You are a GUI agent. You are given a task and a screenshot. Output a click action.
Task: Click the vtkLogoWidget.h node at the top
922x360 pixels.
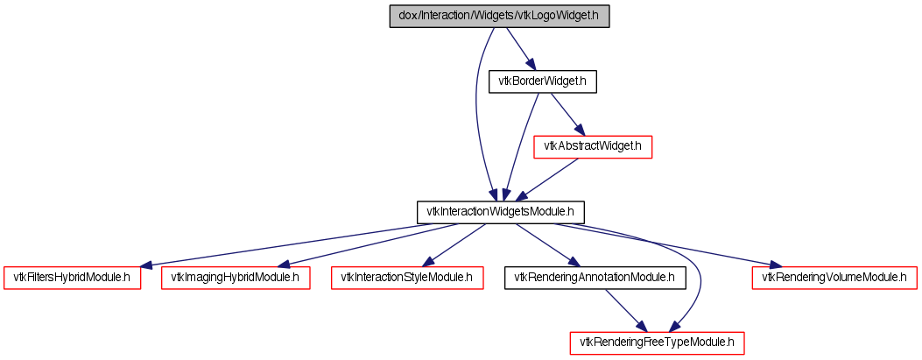pyautogui.click(x=498, y=17)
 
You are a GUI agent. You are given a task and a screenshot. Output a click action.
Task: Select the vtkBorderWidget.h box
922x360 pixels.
pyautogui.click(x=542, y=81)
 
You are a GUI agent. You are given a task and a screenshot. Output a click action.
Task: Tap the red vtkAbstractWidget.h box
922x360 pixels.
pyautogui.click(x=593, y=146)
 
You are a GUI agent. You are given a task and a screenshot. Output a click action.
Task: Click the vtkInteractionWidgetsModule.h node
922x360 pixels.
pyautogui.click(x=499, y=211)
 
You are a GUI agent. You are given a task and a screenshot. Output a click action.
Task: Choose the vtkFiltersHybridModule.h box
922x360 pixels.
pyautogui.click(x=72, y=277)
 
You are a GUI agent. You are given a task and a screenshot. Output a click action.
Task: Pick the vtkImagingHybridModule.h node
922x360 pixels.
pyautogui.click(x=235, y=277)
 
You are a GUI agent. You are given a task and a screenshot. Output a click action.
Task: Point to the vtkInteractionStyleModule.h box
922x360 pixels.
pyautogui.click(x=407, y=277)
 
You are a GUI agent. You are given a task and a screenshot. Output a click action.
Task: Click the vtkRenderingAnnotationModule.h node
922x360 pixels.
pyautogui.click(x=594, y=277)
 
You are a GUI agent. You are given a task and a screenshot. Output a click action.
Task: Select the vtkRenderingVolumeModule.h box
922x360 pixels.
pyautogui.click(x=834, y=277)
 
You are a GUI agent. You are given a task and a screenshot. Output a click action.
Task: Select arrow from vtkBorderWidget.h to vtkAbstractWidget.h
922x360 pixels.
pyautogui.click(x=567, y=114)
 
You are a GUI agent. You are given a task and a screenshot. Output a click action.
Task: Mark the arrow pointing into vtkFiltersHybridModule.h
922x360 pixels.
pyautogui.click(x=289, y=244)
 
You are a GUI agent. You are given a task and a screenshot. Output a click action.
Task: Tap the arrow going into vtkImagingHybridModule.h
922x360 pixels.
pyautogui.click(x=368, y=244)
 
